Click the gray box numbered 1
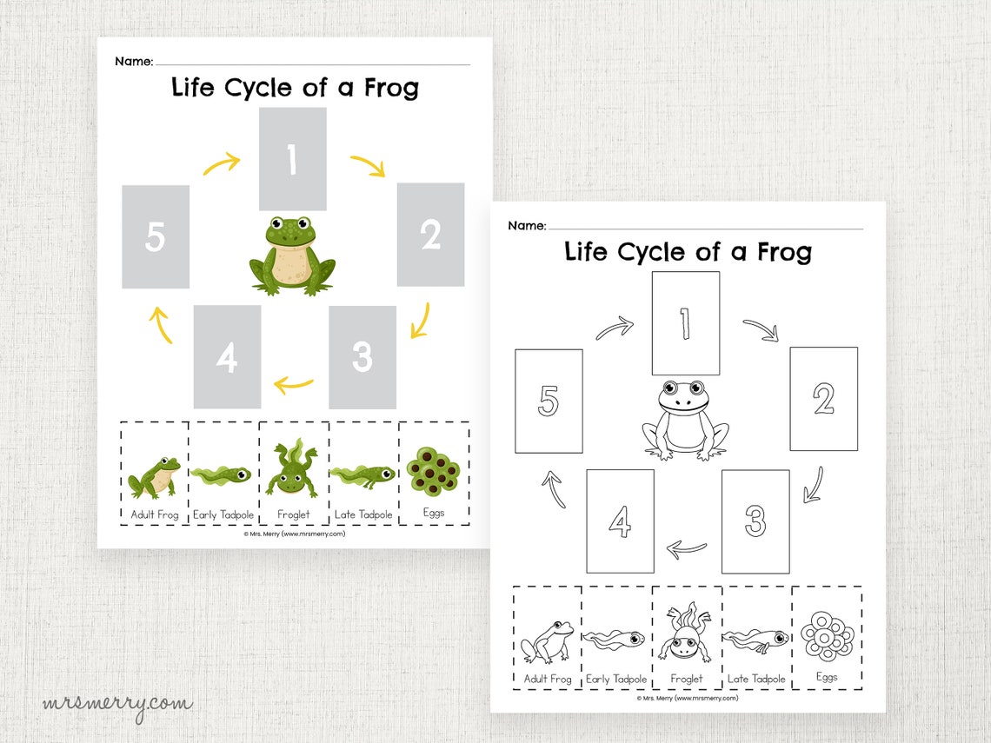(292, 159)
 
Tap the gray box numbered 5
(156, 236)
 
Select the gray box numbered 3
(362, 356)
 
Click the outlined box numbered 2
(823, 399)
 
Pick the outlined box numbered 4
(620, 521)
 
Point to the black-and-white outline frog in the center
(685, 419)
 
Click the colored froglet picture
(293, 469)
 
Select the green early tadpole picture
(223, 474)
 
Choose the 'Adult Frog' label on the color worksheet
(154, 514)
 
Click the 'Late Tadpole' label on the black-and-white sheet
(756, 679)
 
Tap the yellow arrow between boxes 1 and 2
(368, 165)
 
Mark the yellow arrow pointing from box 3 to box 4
(294, 383)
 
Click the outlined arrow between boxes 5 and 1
(615, 328)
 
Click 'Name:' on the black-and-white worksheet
(527, 226)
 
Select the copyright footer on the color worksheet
(295, 534)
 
